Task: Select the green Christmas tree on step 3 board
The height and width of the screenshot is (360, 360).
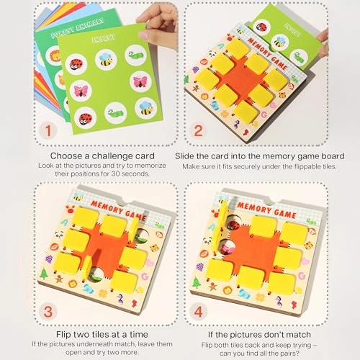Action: [x=45, y=273]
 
